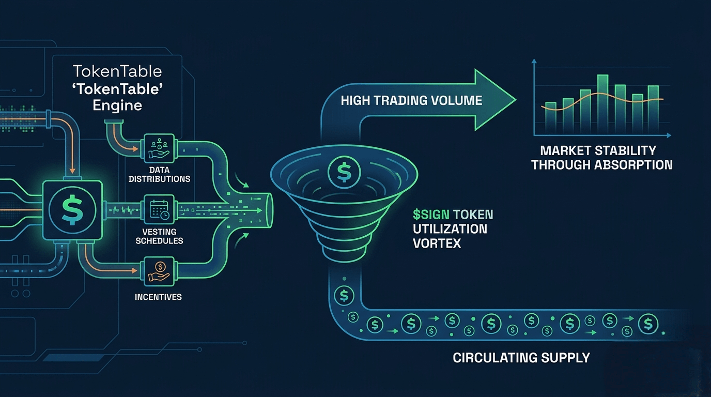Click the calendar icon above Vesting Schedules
coord(159,209)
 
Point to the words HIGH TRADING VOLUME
coord(411,100)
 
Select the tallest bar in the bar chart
coord(602,103)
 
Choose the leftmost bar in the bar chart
coord(551,117)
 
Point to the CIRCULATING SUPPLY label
coord(521,357)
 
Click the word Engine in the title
coord(117,105)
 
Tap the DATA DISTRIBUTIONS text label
coord(159,174)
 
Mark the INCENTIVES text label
coord(158,297)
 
